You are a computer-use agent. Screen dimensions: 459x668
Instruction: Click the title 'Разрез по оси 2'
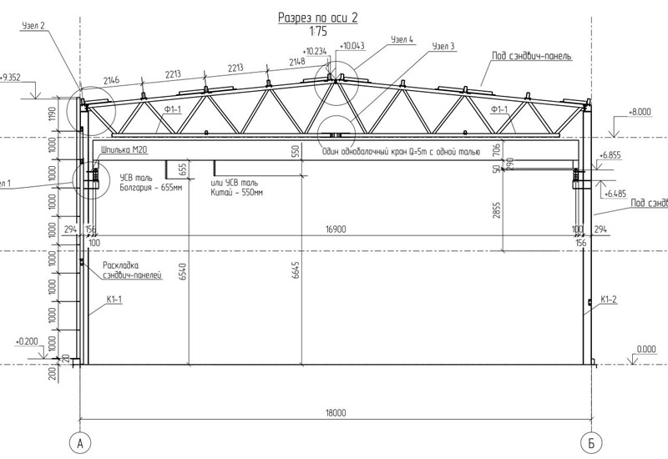click(x=318, y=18)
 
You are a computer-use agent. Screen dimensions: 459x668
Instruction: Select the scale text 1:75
click(x=318, y=32)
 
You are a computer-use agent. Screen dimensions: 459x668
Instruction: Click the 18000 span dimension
click(x=336, y=413)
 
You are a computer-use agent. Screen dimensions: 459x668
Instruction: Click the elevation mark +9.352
click(x=12, y=78)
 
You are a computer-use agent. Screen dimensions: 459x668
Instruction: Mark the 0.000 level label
click(x=645, y=350)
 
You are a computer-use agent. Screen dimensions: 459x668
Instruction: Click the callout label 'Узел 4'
click(x=401, y=39)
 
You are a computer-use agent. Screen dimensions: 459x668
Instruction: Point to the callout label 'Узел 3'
click(x=443, y=47)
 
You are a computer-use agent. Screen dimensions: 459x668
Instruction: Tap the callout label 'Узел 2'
click(x=31, y=26)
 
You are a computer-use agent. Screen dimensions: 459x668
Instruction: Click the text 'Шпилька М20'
click(x=122, y=151)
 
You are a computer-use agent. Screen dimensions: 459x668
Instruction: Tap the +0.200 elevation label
click(x=27, y=341)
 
